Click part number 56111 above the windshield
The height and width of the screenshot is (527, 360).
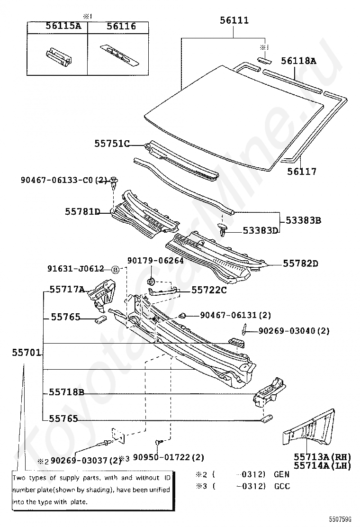click(x=234, y=20)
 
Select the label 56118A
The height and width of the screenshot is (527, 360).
click(x=298, y=61)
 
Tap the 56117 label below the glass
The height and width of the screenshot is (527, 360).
click(x=301, y=172)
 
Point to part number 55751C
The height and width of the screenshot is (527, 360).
click(x=111, y=144)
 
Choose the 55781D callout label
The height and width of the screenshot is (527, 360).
click(x=82, y=212)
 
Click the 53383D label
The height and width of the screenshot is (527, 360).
click(x=260, y=230)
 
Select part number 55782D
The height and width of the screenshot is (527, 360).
click(x=301, y=263)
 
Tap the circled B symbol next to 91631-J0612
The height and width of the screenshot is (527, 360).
click(x=115, y=269)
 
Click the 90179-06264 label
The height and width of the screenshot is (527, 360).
click(x=155, y=260)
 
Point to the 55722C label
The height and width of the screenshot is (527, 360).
click(x=209, y=290)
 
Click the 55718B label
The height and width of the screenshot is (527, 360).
click(x=66, y=392)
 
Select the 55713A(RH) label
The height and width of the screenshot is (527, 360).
click(x=322, y=457)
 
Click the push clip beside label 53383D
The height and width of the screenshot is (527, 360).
click(x=224, y=230)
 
